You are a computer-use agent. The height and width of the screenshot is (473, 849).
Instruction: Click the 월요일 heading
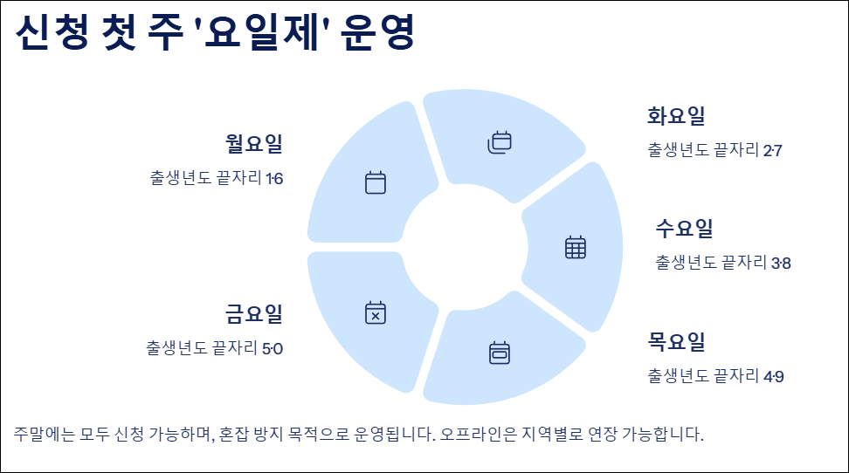click(x=254, y=143)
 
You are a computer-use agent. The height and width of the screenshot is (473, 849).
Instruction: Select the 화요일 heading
click(x=676, y=116)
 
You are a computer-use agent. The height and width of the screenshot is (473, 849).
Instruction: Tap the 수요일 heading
click(x=685, y=229)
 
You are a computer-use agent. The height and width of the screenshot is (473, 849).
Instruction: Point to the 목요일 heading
click(x=676, y=341)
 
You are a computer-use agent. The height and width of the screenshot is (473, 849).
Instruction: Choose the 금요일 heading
click(x=254, y=313)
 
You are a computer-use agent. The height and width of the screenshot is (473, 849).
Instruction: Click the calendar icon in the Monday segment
click(x=376, y=182)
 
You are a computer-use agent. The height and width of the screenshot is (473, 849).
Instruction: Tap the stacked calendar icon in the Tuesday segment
click(x=499, y=141)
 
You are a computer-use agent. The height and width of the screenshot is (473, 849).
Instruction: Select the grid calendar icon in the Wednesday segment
click(x=576, y=248)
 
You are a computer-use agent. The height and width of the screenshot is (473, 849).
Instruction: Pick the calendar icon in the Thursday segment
click(x=499, y=353)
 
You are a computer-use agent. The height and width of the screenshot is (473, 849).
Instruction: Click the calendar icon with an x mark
click(x=376, y=312)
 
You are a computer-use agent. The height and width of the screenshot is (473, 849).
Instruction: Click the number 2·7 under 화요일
click(x=772, y=151)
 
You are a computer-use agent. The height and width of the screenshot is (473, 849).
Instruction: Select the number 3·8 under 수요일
click(x=781, y=263)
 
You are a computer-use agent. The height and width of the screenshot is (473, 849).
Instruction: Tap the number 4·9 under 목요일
click(x=773, y=377)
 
